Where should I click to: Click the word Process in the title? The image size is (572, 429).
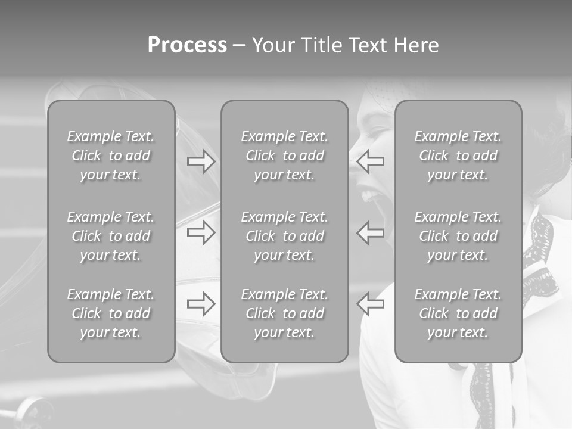(x=187, y=45)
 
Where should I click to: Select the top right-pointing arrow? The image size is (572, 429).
(x=201, y=162)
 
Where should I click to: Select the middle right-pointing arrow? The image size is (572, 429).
(x=201, y=232)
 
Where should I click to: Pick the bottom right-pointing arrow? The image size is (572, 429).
(x=201, y=304)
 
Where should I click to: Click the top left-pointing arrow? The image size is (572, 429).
(x=371, y=162)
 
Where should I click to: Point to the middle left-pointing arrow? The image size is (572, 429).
(x=371, y=232)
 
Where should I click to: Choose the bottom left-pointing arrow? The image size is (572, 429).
(x=371, y=304)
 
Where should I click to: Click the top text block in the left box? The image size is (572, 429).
(x=111, y=156)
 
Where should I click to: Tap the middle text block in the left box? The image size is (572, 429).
(x=111, y=236)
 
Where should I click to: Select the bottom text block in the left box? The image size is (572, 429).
(x=111, y=313)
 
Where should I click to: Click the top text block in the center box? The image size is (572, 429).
(x=284, y=156)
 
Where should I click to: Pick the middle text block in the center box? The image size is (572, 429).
(x=284, y=236)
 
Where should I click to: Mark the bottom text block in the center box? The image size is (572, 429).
(x=284, y=313)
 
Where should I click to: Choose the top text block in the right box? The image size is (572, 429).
(x=458, y=156)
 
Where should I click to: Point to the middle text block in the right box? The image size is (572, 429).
(x=458, y=236)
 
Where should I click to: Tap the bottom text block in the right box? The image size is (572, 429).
(x=458, y=313)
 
